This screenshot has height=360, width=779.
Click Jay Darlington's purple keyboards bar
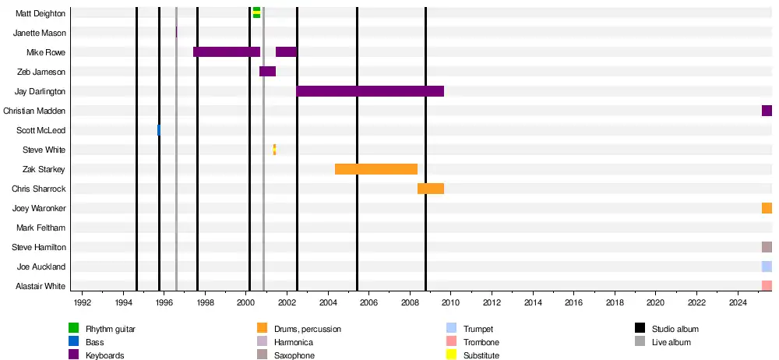point(370,91)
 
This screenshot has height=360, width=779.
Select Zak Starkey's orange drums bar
point(376,169)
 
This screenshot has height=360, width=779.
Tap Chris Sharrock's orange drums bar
point(431,189)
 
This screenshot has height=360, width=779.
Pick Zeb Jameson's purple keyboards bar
point(267,72)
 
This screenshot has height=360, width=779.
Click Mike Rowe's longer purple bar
point(227,52)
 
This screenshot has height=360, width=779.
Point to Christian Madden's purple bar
point(767,111)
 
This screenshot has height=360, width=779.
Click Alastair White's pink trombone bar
point(767,286)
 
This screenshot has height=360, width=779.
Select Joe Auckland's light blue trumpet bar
point(767,266)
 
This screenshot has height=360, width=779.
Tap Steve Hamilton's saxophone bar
point(767,247)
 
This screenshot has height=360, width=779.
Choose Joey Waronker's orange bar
point(767,208)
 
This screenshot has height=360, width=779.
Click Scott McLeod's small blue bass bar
point(159,130)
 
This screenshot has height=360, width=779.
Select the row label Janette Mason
point(40,33)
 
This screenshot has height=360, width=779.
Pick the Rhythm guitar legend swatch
point(74,329)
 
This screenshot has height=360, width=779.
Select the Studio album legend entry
point(661,329)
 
